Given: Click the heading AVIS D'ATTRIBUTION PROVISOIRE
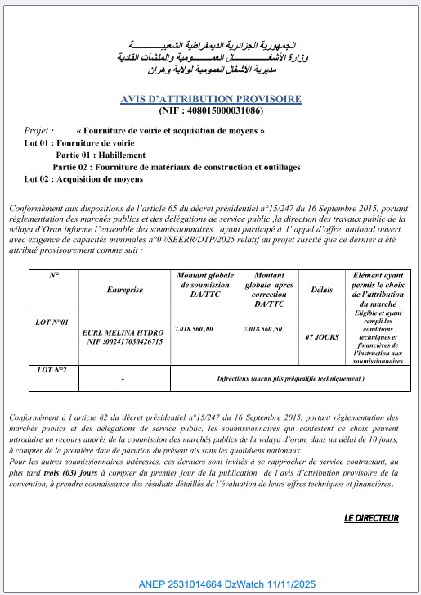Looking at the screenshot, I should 210,99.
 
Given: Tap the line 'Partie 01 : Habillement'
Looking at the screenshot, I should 101,155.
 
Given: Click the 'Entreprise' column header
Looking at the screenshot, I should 124,290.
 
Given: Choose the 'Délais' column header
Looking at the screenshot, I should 316,290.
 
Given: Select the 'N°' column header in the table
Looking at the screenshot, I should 54,276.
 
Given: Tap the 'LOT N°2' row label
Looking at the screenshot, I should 53,370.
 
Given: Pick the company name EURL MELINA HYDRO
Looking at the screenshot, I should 123,333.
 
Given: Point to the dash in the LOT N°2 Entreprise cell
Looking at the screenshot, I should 122,380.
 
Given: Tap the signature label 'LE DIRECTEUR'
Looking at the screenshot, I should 370,518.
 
